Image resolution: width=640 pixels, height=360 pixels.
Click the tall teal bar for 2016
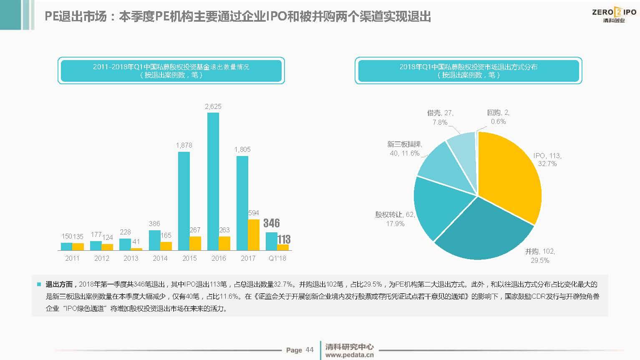click(x=213, y=181)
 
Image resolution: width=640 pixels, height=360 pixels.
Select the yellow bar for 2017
click(x=254, y=234)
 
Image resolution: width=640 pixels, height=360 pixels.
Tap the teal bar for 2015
click(x=184, y=201)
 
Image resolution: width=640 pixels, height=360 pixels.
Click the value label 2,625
click(x=213, y=106)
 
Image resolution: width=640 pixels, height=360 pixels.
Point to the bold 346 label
click(x=272, y=223)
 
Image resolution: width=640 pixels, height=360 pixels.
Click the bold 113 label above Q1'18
click(x=284, y=239)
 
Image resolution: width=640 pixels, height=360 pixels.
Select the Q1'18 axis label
click(x=277, y=258)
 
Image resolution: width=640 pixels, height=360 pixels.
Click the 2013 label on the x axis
click(x=131, y=258)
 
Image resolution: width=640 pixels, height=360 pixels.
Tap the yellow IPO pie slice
click(x=509, y=175)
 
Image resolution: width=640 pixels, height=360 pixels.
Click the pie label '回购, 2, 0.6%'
click(x=498, y=117)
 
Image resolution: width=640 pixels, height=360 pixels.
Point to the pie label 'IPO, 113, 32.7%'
click(x=547, y=159)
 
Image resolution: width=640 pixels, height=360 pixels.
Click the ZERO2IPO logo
click(x=614, y=15)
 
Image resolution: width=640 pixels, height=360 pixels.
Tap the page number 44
click(x=309, y=350)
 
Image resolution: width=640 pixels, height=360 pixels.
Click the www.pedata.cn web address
click(x=349, y=355)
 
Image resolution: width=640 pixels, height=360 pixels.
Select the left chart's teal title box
click(x=171, y=70)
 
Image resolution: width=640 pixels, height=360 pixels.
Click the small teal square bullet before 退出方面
click(x=39, y=284)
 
